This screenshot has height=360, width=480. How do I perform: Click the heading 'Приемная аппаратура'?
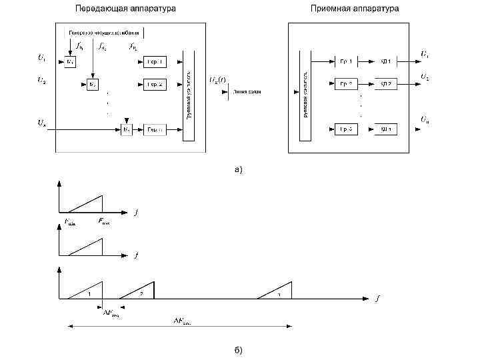point(355,9)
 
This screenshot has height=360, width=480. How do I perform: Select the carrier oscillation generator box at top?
point(104,32)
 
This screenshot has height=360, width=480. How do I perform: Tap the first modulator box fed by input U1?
point(71,61)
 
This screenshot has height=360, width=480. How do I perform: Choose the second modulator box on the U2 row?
point(93,85)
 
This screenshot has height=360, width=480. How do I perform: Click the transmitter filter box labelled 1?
point(155,61)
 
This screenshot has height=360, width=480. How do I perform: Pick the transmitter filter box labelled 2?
point(155,85)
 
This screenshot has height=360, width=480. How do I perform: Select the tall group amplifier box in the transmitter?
point(189,86)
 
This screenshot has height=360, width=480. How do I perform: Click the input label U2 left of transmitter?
point(41,81)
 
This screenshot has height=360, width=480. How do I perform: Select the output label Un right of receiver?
point(424,119)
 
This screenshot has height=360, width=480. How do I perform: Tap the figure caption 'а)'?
point(239,169)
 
